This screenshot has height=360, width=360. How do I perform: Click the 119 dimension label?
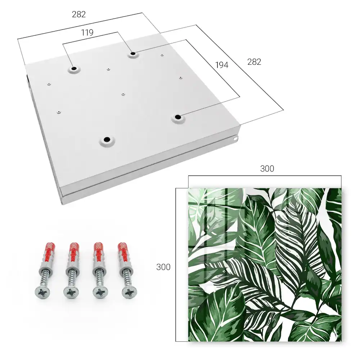(87, 33)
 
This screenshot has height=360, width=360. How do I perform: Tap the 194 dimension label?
(222, 65)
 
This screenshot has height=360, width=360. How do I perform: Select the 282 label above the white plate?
(79, 14)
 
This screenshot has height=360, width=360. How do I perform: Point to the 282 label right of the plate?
(254, 62)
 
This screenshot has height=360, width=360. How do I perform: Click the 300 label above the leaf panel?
(267, 169)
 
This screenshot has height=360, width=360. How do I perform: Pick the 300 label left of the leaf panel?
(163, 267)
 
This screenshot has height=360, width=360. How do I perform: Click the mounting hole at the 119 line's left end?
(74, 69)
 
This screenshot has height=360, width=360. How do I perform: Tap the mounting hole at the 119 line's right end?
(133, 54)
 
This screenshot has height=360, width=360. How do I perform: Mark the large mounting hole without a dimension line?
(107, 139)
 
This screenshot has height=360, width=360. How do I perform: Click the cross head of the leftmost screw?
(42, 292)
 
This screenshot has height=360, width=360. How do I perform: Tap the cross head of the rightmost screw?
(129, 292)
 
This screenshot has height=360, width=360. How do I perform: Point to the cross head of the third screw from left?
(100, 292)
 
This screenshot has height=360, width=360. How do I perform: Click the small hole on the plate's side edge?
(235, 139)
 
